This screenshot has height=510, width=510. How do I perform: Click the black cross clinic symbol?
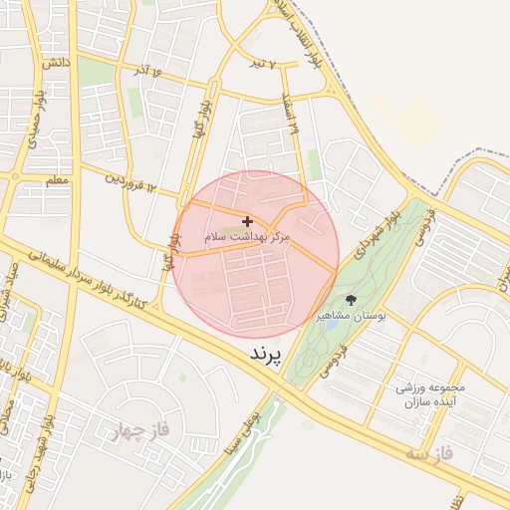[247, 221]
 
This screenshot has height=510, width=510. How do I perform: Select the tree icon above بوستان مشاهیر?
[350, 300]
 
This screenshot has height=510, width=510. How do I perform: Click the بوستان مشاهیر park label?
[351, 316]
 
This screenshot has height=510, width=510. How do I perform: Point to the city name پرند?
[264, 354]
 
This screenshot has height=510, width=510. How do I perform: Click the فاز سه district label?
[428, 453]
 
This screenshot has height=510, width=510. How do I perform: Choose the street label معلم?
[57, 180]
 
